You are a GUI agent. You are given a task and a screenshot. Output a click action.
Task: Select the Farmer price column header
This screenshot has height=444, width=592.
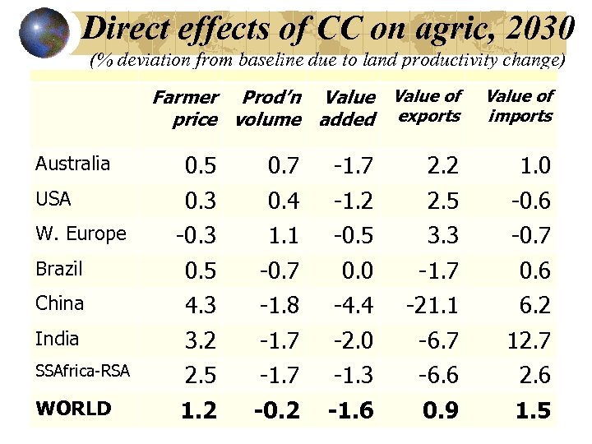185,109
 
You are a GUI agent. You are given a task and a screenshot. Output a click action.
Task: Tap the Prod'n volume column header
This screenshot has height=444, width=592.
268,109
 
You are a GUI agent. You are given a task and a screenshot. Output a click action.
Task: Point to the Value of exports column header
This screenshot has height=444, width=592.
428,106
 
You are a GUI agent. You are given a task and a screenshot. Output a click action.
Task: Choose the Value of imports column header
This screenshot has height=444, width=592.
520,106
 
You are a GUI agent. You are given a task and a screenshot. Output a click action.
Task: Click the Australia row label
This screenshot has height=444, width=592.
72,164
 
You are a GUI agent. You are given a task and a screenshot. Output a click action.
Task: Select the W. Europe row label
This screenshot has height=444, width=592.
81,234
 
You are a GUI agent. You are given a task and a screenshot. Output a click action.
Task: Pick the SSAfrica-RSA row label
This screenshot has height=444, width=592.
82,372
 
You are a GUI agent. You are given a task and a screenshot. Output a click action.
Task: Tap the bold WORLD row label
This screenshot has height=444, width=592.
73,409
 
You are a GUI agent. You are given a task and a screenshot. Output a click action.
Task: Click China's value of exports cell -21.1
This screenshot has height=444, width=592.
432,306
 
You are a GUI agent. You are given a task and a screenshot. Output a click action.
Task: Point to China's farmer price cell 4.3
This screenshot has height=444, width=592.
201,306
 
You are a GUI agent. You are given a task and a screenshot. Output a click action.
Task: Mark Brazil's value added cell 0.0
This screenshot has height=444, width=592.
357,271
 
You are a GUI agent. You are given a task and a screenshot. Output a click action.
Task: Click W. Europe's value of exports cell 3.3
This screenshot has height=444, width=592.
442,236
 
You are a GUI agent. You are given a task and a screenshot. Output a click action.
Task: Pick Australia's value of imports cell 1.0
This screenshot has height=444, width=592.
534,167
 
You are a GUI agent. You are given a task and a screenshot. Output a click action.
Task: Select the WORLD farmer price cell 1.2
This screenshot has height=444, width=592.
201,410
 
